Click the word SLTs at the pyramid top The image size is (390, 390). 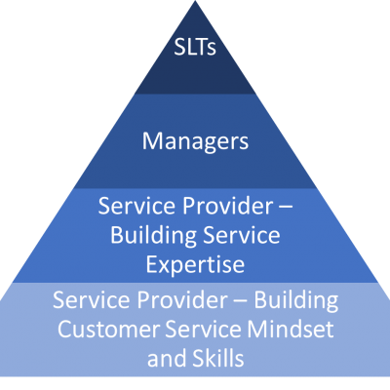(x=195, y=47)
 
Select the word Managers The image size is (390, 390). (x=195, y=141)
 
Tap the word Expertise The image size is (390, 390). (x=195, y=265)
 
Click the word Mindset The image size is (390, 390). (x=291, y=329)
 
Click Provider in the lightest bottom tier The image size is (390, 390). (x=182, y=299)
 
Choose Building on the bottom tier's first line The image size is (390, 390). (x=295, y=301)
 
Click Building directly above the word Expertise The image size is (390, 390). (x=153, y=237)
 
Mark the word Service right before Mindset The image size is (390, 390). (x=203, y=329)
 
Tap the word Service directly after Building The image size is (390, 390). (x=241, y=235)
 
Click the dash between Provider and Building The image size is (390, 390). (x=241, y=301)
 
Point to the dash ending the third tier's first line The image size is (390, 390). (x=286, y=207)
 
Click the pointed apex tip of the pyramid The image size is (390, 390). (x=195, y=1)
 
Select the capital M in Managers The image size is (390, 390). (x=152, y=140)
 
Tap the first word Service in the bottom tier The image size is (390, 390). (x=92, y=299)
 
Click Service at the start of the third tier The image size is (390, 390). (x=137, y=206)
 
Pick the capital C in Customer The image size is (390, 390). (x=64, y=329)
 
